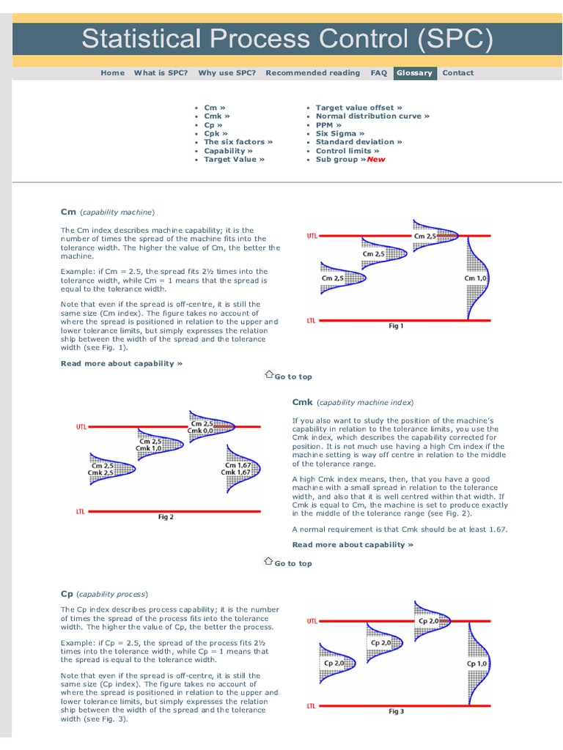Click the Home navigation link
pyautogui.click(x=112, y=73)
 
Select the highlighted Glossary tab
pyautogui.click(x=414, y=73)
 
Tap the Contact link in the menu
pyautogui.click(x=458, y=73)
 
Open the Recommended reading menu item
pyautogui.click(x=312, y=73)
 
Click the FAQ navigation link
pyautogui.click(x=378, y=73)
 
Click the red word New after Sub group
pyautogui.click(x=376, y=159)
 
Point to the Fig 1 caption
pyautogui.click(x=396, y=327)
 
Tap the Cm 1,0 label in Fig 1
pyautogui.click(x=476, y=278)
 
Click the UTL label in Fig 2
pyautogui.click(x=81, y=426)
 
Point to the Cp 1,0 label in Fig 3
pyautogui.click(x=477, y=664)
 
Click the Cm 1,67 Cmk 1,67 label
pyautogui.click(x=237, y=468)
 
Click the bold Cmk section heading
pyautogui.click(x=302, y=402)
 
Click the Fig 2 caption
pyautogui.click(x=166, y=517)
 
